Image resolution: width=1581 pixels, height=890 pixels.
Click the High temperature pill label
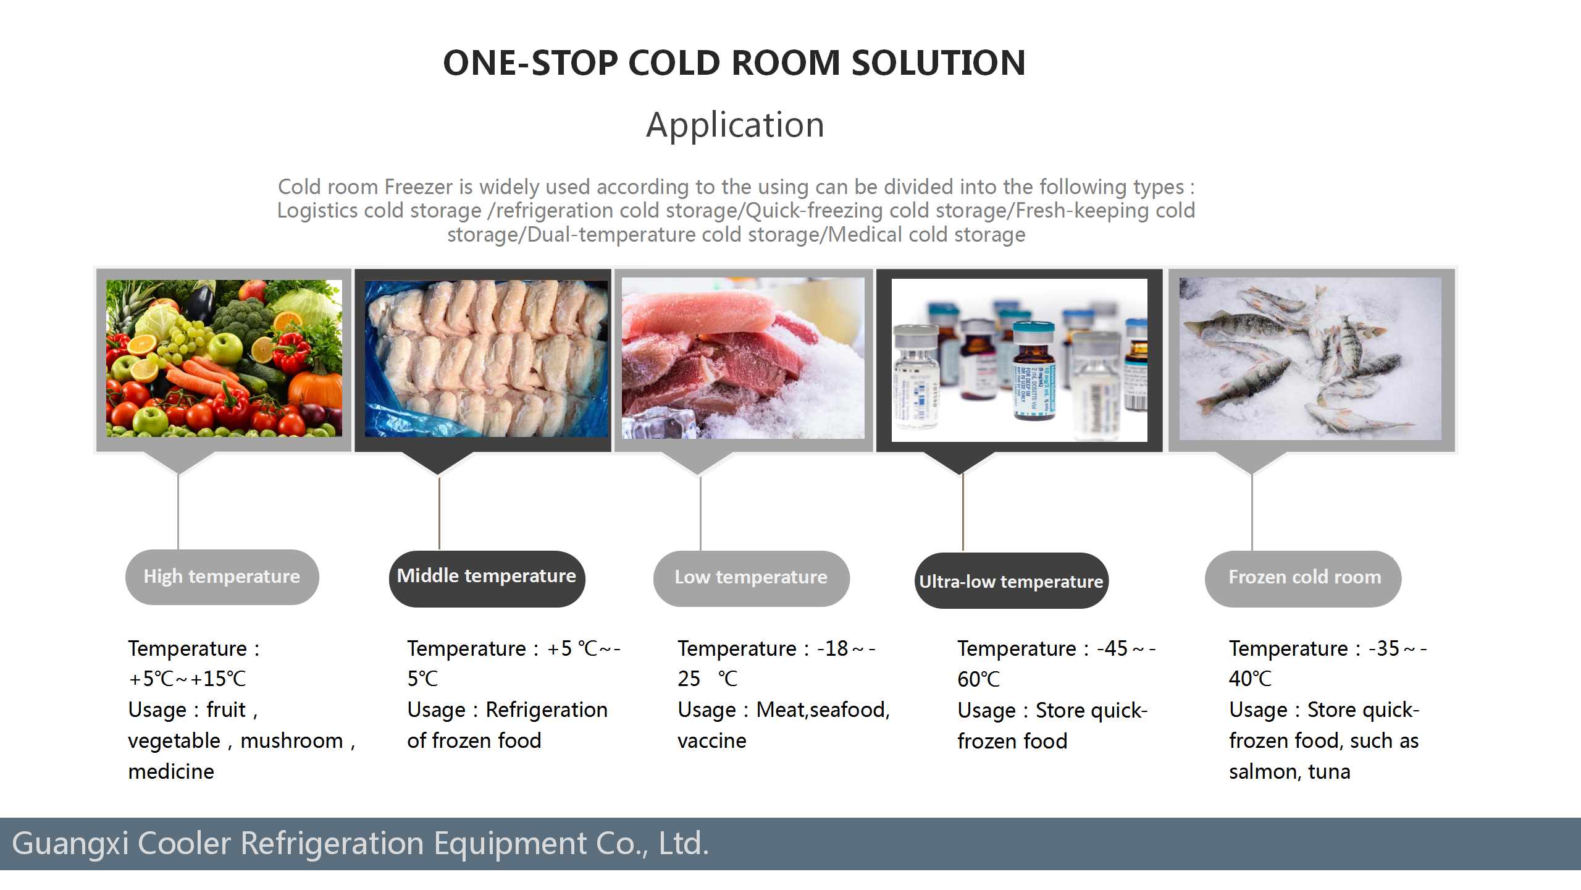[x=222, y=577]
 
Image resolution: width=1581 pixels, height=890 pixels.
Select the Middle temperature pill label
[x=487, y=578]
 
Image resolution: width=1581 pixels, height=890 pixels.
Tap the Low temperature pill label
[x=751, y=578]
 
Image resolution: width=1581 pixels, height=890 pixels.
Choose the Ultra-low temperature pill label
[x=1011, y=580]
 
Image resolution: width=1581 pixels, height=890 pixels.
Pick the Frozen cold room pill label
[x=1303, y=578]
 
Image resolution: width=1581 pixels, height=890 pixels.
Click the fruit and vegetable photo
[x=224, y=358]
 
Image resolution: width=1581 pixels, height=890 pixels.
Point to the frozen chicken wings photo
[x=486, y=358]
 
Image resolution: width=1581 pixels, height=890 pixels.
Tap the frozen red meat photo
[x=743, y=358]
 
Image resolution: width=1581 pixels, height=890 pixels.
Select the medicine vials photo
[x=1020, y=360]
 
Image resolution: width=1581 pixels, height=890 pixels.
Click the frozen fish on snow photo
[x=1311, y=358]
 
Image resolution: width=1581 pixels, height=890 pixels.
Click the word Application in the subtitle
[x=735, y=125]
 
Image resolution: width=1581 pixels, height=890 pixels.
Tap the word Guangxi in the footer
[x=70, y=844]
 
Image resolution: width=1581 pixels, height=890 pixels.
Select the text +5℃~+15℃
[x=187, y=679]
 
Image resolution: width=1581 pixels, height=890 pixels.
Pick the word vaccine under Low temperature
[x=712, y=740]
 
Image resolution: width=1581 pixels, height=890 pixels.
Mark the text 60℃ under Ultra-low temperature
[x=979, y=679]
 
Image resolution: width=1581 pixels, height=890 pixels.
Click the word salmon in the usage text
[x=1264, y=771]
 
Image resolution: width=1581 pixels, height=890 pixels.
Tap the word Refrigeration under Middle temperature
[x=547, y=710]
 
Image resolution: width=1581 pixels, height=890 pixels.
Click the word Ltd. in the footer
[x=684, y=843]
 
